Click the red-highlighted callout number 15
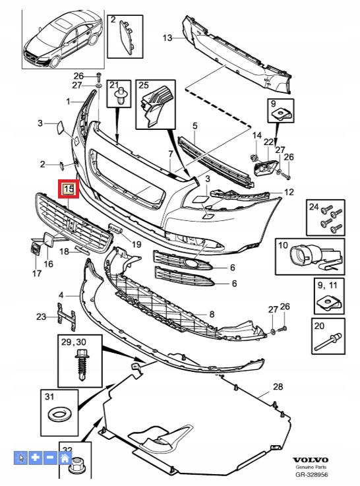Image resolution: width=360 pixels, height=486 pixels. click(69, 189)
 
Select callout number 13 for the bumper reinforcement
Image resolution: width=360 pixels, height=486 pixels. click(167, 38)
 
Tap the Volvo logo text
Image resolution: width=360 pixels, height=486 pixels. click(311, 460)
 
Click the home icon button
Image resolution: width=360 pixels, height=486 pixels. click(65, 458)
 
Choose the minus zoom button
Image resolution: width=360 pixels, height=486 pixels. click(50, 458)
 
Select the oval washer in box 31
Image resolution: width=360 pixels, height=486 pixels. click(59, 414)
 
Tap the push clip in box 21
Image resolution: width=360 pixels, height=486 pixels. click(121, 95)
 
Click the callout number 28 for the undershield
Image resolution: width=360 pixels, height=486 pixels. click(278, 386)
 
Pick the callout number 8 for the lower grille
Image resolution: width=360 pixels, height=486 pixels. click(212, 314)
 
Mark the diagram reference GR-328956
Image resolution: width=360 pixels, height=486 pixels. click(311, 474)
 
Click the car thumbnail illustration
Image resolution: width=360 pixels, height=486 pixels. click(63, 40)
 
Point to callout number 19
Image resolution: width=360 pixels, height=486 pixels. click(136, 244)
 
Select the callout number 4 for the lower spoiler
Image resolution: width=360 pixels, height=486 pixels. click(61, 295)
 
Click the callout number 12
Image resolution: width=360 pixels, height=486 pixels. click(289, 192)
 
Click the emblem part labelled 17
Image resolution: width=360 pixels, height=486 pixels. click(35, 250)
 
